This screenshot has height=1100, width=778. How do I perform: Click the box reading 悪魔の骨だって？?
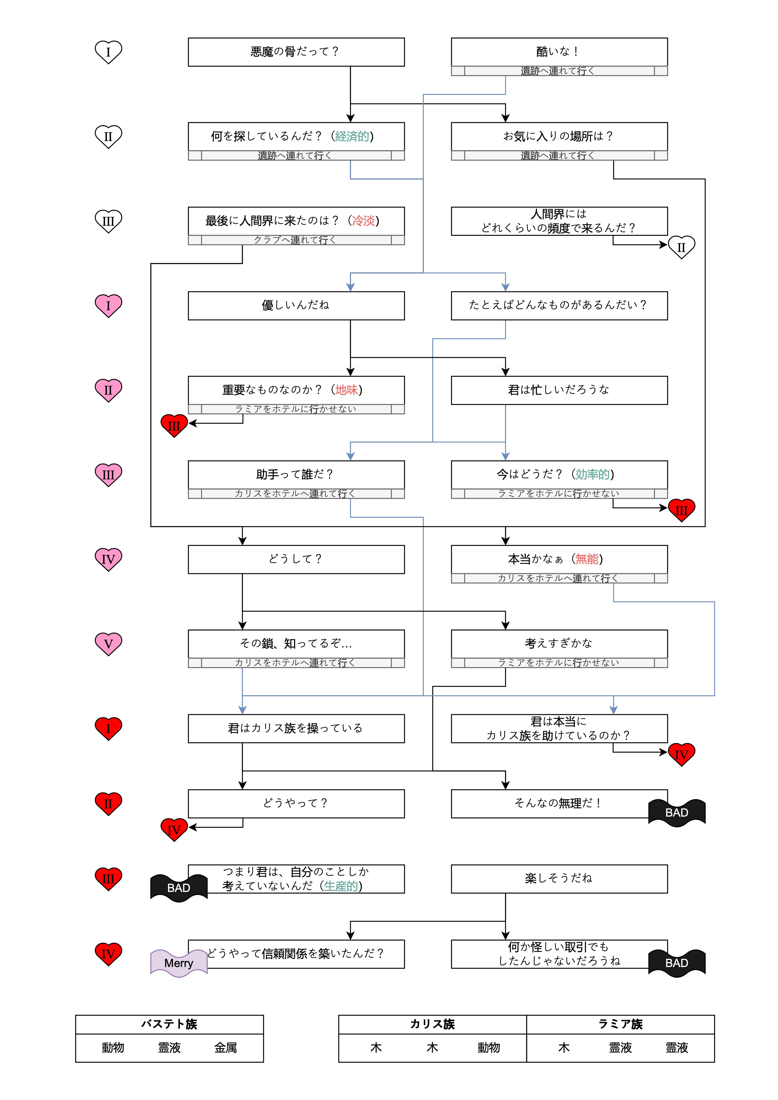[296, 52]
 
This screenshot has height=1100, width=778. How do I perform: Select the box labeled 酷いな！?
[559, 52]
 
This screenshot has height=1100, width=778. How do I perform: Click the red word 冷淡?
[363, 221]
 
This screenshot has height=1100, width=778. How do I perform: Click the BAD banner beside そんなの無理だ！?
[676, 813]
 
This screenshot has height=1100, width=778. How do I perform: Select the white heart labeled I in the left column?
[108, 52]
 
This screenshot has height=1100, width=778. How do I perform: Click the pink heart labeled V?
[108, 643]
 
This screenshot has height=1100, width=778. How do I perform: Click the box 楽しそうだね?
[559, 878]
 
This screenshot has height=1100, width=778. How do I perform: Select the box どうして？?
[296, 559]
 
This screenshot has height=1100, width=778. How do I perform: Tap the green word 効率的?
[592, 474]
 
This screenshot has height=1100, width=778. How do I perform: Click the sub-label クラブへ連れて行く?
[296, 240]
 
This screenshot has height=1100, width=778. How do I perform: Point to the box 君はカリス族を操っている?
[296, 728]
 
